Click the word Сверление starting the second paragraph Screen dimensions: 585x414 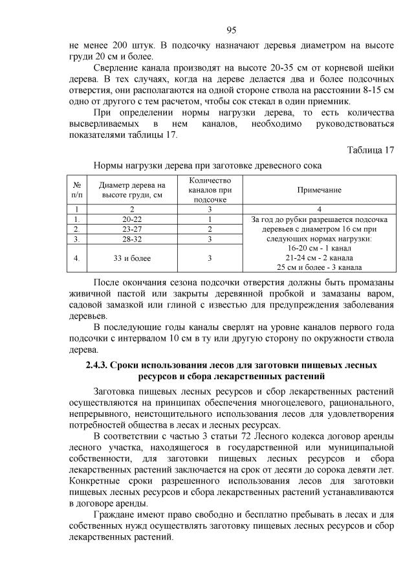[x=118, y=68]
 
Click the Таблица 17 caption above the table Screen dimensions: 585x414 [x=370, y=150]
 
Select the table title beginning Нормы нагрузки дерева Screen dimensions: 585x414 [x=208, y=166]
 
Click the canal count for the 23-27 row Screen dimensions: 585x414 [x=210, y=229]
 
